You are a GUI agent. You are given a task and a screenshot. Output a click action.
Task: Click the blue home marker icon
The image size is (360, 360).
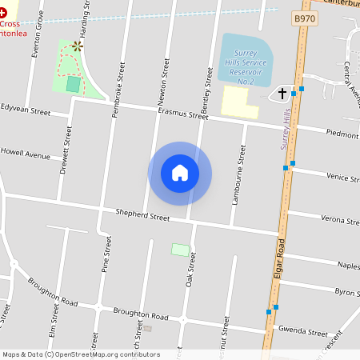[x=180, y=173]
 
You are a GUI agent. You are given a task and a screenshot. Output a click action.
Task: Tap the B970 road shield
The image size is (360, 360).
[x=304, y=18]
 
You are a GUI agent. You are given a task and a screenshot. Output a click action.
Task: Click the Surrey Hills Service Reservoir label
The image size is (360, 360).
[x=246, y=65]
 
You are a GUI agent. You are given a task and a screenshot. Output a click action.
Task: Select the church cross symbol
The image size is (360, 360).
[x=282, y=94]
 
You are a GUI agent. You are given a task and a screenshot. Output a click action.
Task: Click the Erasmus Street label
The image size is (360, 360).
[x=183, y=115]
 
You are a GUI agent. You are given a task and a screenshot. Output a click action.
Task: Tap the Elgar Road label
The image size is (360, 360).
[x=281, y=259]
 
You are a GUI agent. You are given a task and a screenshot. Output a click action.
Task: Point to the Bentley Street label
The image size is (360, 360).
[x=206, y=89]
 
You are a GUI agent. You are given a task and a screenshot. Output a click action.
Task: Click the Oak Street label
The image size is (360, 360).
[x=190, y=271]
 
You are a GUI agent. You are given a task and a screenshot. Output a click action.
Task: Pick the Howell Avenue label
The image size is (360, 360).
[x=25, y=152]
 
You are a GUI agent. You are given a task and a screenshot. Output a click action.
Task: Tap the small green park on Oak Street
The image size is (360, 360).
[x=181, y=250]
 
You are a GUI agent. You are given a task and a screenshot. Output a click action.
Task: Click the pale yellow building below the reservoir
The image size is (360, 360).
[x=239, y=102]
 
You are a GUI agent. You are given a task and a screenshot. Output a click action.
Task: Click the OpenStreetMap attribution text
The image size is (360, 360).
[x=81, y=354]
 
